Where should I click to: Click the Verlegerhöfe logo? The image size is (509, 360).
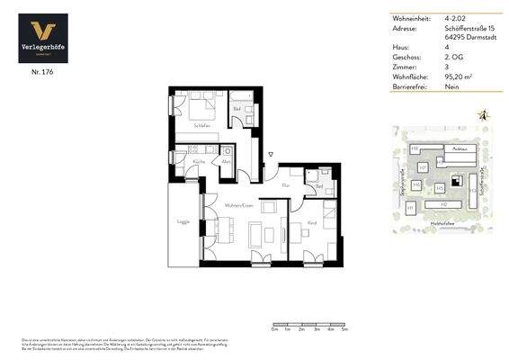43,40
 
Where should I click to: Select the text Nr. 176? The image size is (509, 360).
42,71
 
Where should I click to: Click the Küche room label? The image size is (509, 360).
198,161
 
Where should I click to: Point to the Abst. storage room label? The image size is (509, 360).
227,162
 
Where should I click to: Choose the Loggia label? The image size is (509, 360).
183,220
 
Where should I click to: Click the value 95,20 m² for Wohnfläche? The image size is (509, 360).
460,77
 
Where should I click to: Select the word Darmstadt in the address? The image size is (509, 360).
467,38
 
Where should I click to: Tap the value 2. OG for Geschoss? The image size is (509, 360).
454,58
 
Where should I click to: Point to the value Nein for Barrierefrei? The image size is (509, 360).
453,87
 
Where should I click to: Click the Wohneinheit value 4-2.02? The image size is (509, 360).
456,18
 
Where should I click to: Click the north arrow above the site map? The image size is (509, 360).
484,115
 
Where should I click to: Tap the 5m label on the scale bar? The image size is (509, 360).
344,330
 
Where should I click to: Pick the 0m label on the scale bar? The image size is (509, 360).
274,330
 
